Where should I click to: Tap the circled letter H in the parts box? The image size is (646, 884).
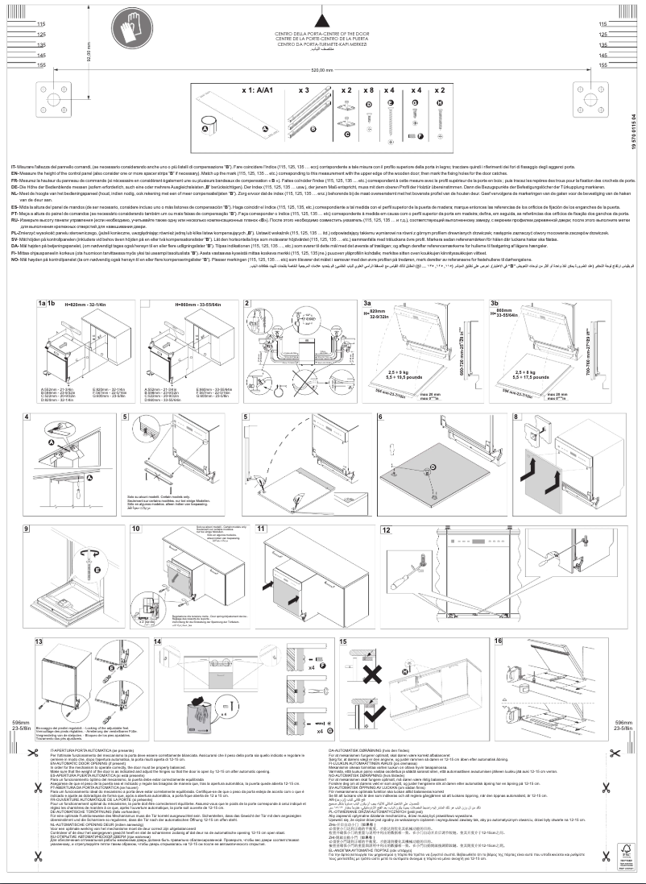pyautogui.click(x=439, y=102)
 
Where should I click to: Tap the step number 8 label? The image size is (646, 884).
pyautogui.click(x=516, y=417)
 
